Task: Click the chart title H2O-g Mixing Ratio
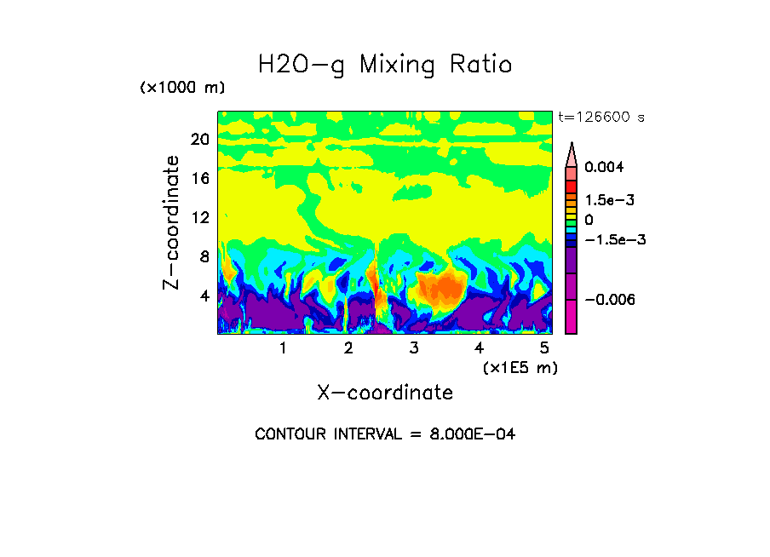385,65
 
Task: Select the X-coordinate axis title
385,393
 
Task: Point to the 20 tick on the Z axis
199,140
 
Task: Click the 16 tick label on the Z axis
199,179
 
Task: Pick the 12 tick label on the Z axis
199,217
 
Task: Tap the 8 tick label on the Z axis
204,256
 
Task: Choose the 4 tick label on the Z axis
204,296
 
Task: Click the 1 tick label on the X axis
283,347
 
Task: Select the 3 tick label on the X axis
414,347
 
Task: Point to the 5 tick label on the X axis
545,347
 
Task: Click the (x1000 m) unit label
182,88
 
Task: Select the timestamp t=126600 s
600,118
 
